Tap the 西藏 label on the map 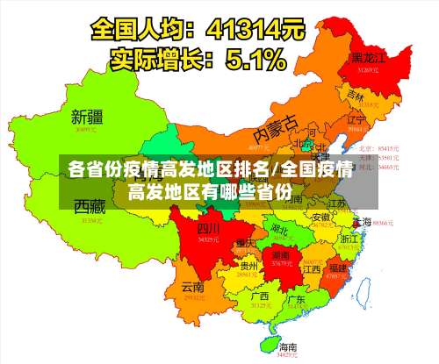[90, 207]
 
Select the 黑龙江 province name [369, 57]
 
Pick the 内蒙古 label [276, 130]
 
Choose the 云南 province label [192, 287]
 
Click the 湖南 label [282, 254]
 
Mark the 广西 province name [259, 296]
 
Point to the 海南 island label [287, 347]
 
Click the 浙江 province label [349, 238]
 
